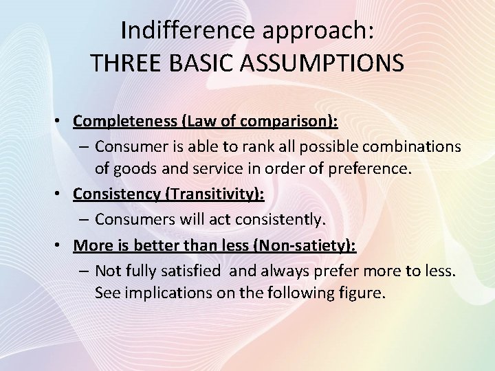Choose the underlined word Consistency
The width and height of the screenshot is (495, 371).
(115, 195)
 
